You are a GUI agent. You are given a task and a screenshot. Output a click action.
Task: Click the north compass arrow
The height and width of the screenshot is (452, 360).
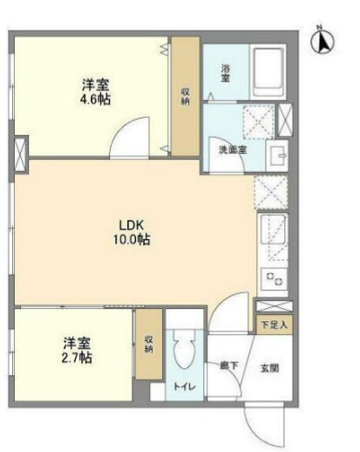pyautogui.click(x=323, y=42)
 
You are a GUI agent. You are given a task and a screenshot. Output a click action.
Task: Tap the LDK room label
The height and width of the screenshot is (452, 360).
pyautogui.click(x=132, y=225)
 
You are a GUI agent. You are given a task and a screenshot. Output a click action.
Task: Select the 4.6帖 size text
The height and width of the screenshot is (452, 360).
pyautogui.click(x=95, y=99)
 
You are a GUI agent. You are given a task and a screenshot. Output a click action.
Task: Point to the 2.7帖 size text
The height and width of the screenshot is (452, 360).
pyautogui.click(x=77, y=358)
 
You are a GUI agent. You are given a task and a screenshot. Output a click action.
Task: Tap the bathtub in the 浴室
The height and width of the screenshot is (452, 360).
pyautogui.click(x=268, y=72)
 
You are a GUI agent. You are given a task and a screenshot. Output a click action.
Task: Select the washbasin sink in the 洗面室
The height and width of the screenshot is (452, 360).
pyautogui.click(x=277, y=155)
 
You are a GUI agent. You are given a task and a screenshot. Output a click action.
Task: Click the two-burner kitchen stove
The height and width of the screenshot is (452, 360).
pyautogui.click(x=274, y=278)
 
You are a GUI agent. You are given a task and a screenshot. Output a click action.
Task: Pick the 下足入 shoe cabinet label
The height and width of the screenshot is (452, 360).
pyautogui.click(x=275, y=325)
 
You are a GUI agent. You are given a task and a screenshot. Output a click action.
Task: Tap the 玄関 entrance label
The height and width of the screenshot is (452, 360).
pyautogui.click(x=269, y=368)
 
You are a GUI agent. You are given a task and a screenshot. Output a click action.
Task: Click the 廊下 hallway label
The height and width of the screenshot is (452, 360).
pyautogui.click(x=229, y=365)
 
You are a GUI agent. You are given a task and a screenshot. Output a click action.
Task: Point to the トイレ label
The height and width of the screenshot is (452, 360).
pyautogui.click(x=185, y=387)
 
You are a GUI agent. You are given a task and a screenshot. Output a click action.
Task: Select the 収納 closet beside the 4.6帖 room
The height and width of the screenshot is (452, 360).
pyautogui.click(x=186, y=96)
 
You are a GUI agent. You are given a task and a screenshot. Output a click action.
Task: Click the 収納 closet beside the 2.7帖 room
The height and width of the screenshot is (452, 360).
pyautogui.click(x=149, y=344)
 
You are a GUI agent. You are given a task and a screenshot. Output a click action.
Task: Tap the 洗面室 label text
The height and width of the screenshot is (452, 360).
pyautogui.click(x=233, y=150)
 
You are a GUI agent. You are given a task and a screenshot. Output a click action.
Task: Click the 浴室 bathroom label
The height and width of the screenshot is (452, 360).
pyautogui.click(x=226, y=73)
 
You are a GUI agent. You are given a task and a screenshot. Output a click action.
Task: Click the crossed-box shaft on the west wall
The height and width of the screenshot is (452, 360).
pyautogui.click(x=21, y=154)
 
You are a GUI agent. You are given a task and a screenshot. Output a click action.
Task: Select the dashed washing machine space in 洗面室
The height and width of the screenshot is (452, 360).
pyautogui.click(x=259, y=121)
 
